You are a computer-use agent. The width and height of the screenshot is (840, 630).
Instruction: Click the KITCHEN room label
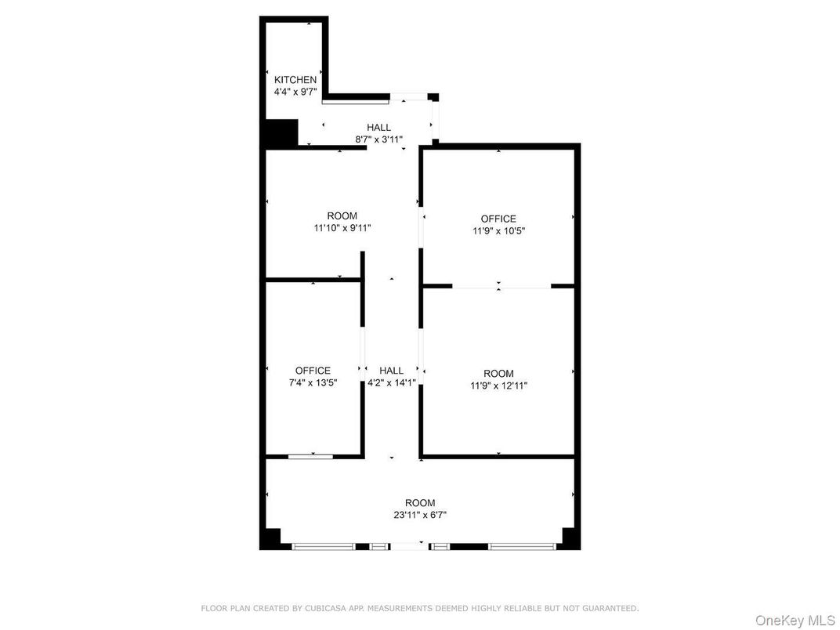(295, 80)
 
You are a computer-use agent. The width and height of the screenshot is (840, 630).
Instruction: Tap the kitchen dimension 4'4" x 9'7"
(295, 92)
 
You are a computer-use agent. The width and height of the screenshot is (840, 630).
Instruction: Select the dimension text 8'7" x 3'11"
(378, 139)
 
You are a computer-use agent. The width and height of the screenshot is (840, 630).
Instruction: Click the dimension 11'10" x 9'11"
(342, 228)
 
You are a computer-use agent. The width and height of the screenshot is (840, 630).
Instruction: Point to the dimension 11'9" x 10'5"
(498, 231)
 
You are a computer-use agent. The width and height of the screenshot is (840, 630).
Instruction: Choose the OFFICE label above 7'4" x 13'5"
(313, 371)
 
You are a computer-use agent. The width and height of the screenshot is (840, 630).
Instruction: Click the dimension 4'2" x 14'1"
(391, 383)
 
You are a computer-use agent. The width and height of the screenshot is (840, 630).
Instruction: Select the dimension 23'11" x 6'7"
(419, 515)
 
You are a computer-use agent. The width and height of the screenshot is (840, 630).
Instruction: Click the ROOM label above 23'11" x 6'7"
(419, 503)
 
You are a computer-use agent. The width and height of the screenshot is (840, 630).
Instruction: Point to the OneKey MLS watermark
(795, 620)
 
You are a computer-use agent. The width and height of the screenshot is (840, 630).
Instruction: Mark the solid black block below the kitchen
(281, 133)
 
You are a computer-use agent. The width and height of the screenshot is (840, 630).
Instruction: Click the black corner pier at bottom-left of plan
(270, 539)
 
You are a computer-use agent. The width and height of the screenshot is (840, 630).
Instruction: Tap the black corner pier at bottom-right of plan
(570, 539)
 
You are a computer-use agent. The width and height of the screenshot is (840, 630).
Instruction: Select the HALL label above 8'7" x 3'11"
(378, 128)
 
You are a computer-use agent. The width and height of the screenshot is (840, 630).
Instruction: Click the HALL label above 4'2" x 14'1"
(391, 371)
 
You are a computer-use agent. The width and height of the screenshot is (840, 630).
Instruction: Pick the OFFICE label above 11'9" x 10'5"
(498, 219)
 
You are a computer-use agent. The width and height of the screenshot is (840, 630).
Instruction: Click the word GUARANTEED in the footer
(610, 608)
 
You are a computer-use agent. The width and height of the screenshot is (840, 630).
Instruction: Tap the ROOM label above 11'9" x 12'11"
(498, 374)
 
